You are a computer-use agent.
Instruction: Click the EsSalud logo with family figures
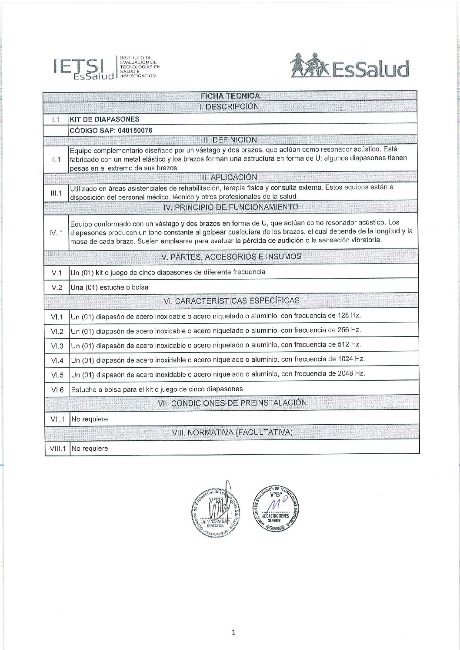coord(350,66)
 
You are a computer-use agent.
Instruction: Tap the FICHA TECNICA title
coord(230,96)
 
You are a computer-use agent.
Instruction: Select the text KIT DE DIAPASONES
coord(105,119)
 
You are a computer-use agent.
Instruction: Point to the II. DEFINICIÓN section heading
coord(230,140)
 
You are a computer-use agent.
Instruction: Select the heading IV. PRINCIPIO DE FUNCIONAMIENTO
coord(231,207)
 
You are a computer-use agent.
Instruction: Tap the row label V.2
coord(57,287)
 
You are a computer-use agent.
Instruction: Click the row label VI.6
coord(57,390)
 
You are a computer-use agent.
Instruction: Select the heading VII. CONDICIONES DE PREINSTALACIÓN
coord(232,403)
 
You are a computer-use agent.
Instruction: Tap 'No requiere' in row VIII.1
coord(90,449)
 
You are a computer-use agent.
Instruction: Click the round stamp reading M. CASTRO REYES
coord(275,508)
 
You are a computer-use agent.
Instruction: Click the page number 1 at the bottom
coord(233,632)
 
